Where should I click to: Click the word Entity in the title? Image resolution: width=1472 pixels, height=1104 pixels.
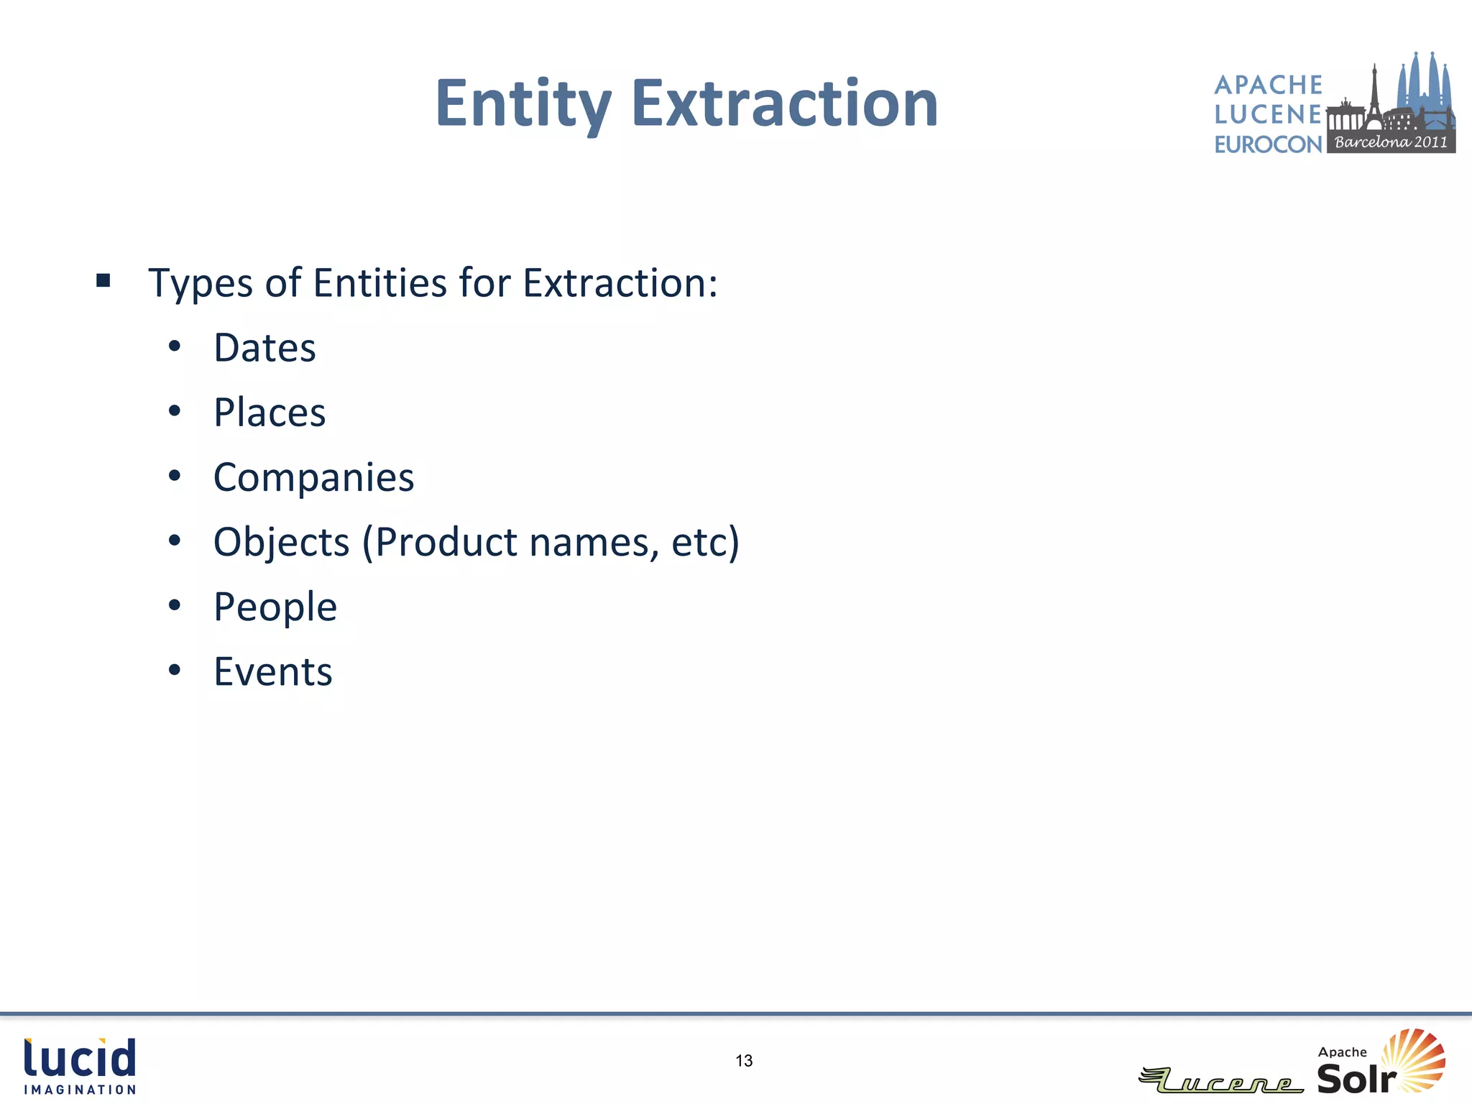click(x=523, y=104)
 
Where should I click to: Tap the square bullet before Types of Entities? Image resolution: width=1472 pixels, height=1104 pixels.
click(x=103, y=280)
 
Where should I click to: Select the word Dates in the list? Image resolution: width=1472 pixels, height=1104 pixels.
click(x=264, y=349)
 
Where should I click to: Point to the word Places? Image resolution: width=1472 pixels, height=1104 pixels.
click(x=270, y=413)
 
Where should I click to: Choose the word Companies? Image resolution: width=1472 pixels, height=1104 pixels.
click(x=313, y=478)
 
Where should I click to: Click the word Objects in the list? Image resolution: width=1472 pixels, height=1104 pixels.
click(x=281, y=543)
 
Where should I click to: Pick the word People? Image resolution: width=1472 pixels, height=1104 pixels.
click(x=275, y=607)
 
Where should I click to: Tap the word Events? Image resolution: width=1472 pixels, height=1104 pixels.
click(x=273, y=672)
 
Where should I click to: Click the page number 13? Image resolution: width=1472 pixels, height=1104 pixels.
click(x=744, y=1061)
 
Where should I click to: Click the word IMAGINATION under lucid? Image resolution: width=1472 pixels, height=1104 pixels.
click(x=80, y=1090)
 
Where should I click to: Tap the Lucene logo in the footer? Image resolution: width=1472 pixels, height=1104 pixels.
click(x=1222, y=1080)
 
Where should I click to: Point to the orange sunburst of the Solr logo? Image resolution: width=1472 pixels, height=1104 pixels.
click(x=1416, y=1058)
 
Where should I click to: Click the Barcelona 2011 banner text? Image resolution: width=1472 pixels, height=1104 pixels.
click(x=1391, y=142)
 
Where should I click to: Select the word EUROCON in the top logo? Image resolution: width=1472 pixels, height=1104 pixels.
click(x=1268, y=144)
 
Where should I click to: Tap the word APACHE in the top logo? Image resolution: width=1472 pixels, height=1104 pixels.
click(x=1268, y=85)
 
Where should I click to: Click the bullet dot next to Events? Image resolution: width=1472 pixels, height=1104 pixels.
click(x=175, y=671)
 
